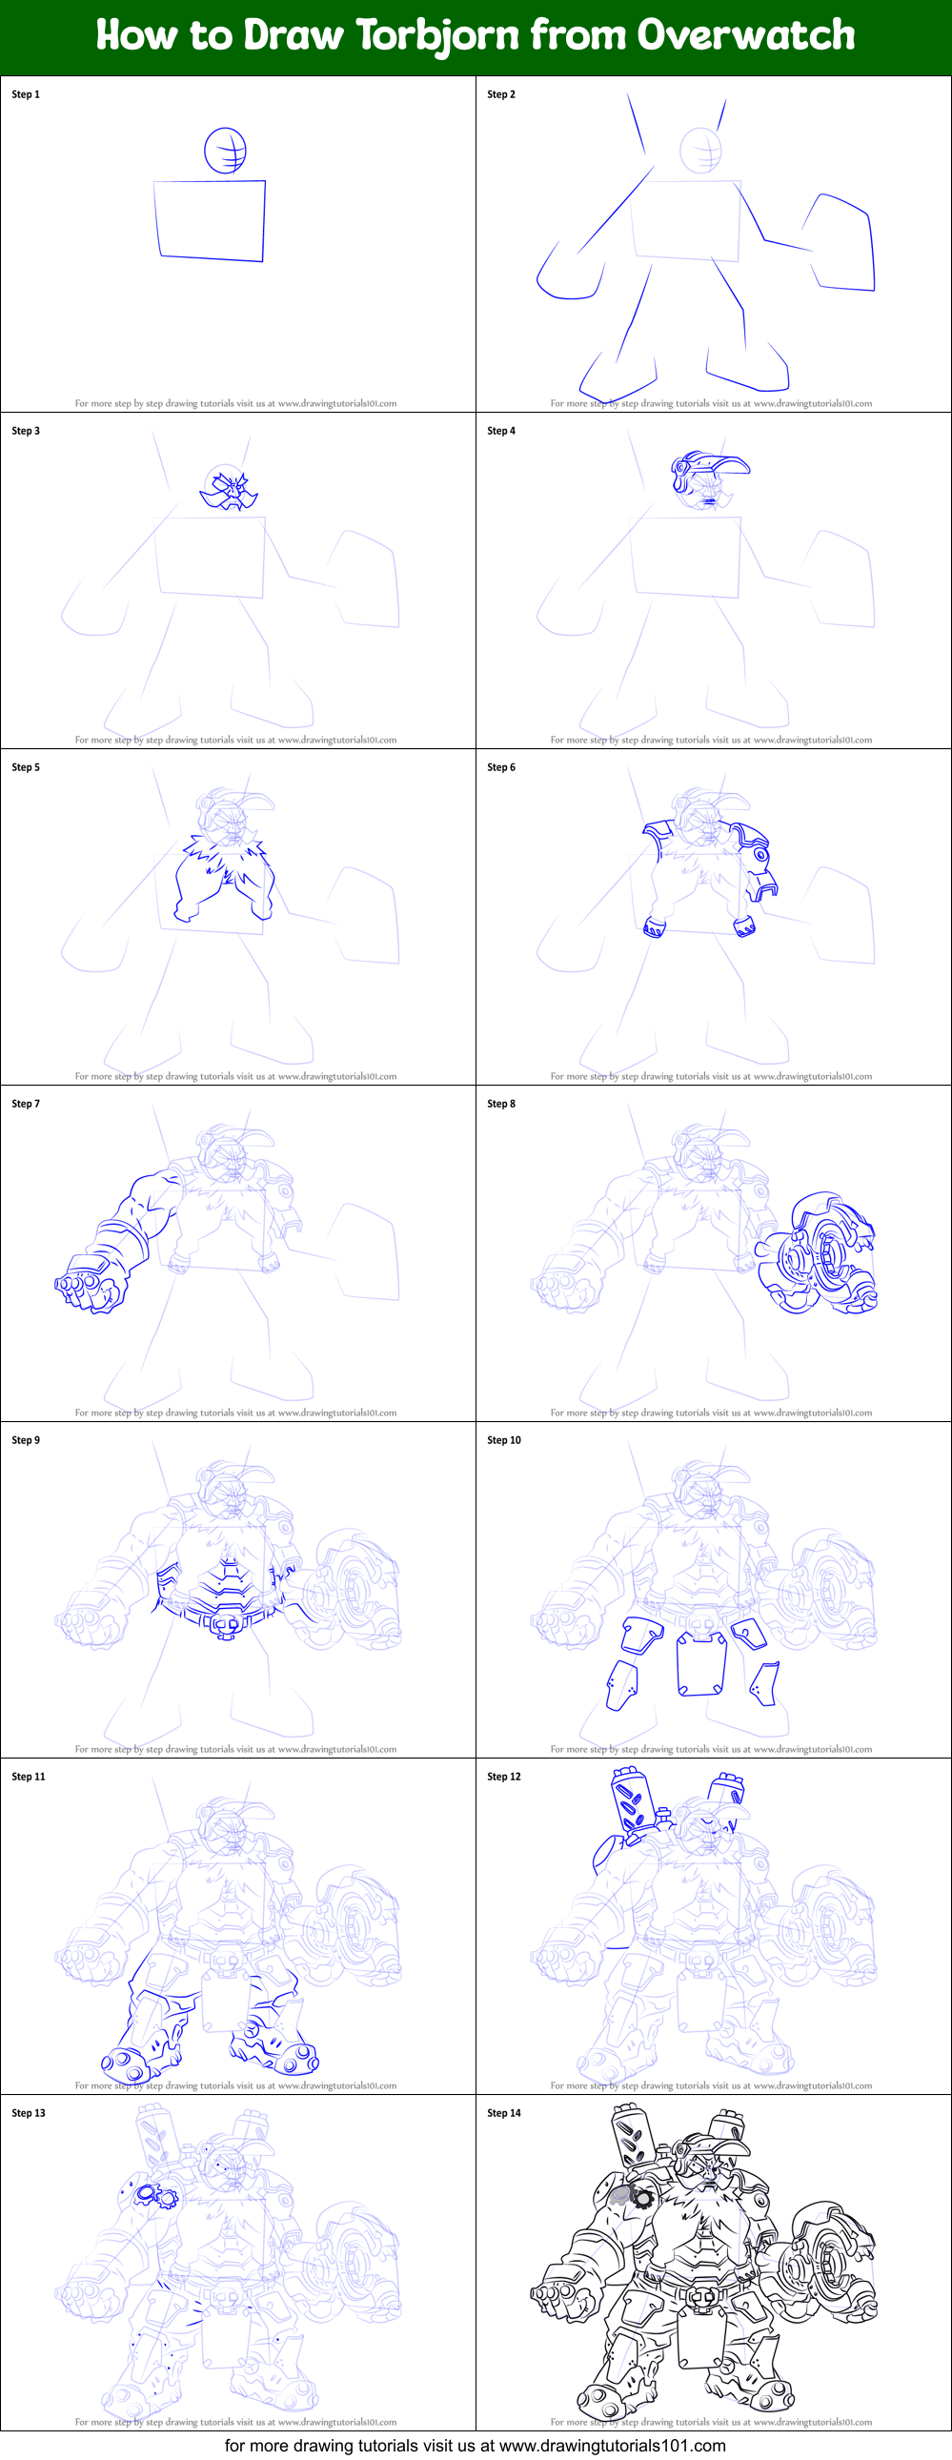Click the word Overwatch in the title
point(746,36)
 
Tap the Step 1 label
point(26,94)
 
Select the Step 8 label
point(501,1104)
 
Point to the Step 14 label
point(504,2113)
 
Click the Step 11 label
point(29,1778)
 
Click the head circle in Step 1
point(225,151)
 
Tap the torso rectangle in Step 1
point(211,219)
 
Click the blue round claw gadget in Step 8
point(817,1256)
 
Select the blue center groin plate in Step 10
point(700,1663)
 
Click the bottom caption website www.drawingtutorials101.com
point(612,2446)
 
